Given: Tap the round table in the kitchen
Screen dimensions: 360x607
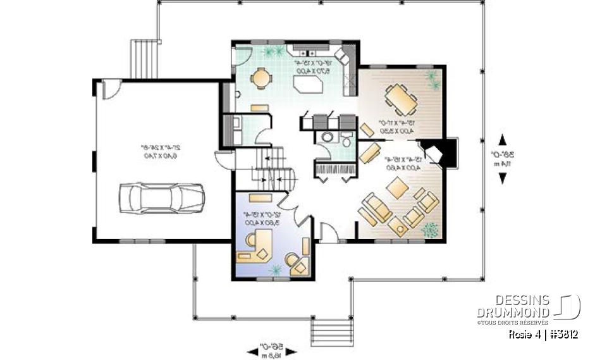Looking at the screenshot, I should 260,78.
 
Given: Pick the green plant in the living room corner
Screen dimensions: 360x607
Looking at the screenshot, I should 429,228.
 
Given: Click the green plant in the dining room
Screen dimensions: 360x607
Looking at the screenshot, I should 432,78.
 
